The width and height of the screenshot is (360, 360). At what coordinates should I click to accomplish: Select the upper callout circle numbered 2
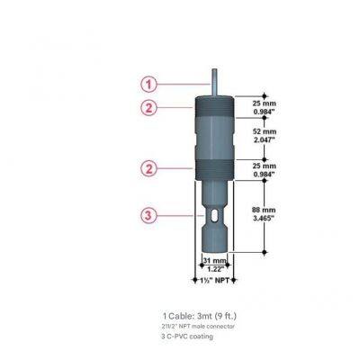click(149, 108)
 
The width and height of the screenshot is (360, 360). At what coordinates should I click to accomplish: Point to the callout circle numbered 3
click(149, 214)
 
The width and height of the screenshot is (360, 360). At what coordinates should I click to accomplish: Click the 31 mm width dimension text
click(214, 259)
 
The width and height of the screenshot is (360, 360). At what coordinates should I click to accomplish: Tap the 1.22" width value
click(214, 268)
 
